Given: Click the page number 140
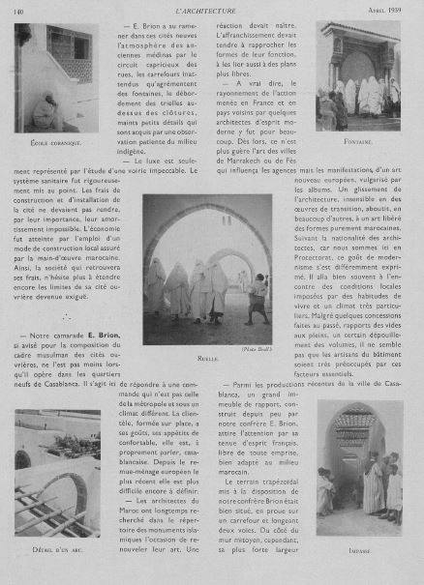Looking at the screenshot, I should (18, 9).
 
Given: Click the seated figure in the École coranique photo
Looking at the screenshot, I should (44, 111).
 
